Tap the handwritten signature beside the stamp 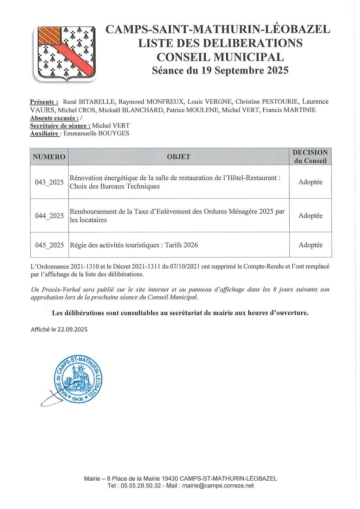pyautogui.click(x=53, y=399)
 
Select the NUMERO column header pyautogui.click(x=49, y=157)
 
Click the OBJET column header pyautogui.click(x=179, y=157)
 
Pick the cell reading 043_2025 pyautogui.click(x=49, y=182)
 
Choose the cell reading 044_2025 pyautogui.click(x=49, y=216)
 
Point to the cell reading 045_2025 pyautogui.click(x=49, y=245)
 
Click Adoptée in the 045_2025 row pyautogui.click(x=310, y=245)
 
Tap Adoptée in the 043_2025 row pyautogui.click(x=310, y=182)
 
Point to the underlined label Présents pyautogui.click(x=44, y=102)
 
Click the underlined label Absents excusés pyautogui.click(x=54, y=118)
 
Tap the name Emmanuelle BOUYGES pyautogui.click(x=96, y=134)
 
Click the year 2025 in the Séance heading pyautogui.click(x=277, y=71)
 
